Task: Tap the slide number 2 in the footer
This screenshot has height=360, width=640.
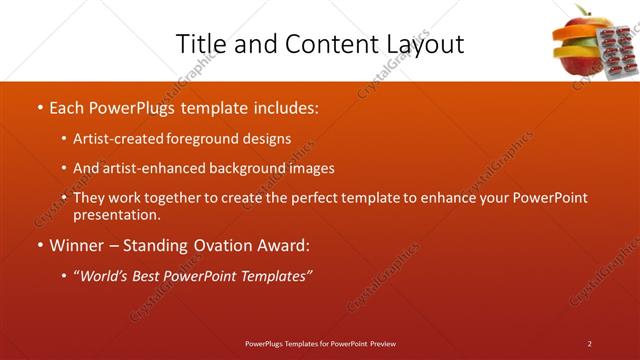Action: (590, 343)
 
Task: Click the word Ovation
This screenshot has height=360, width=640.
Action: (228, 245)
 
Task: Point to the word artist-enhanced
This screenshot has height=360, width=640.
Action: (149, 169)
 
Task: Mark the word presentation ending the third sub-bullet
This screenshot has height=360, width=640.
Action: (116, 214)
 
